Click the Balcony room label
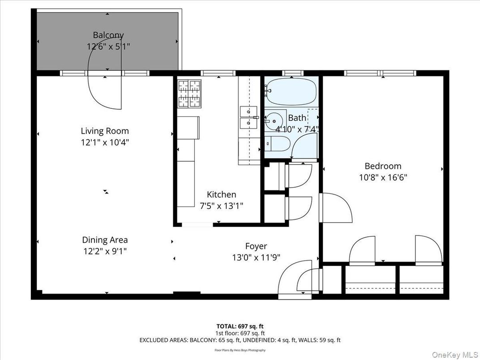[108, 35]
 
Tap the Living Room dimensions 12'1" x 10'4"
[105, 142]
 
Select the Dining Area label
[105, 240]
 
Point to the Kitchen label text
[221, 194]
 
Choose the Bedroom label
[383, 166]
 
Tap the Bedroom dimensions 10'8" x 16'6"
[383, 177]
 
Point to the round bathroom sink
[274, 121]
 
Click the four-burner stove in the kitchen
[189, 94]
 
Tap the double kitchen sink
[248, 117]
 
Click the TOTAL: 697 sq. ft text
[240, 326]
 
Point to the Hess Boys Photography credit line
[240, 350]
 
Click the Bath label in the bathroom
[297, 118]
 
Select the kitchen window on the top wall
[218, 73]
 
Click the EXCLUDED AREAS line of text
[240, 340]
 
